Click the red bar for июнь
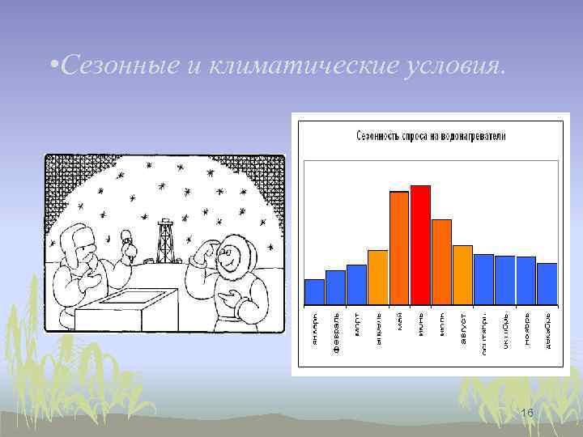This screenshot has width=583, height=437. (x=420, y=244)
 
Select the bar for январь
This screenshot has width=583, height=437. (x=314, y=291)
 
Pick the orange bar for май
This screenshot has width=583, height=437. (x=399, y=248)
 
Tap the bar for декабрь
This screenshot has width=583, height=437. (x=547, y=283)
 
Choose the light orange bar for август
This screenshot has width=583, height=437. (x=462, y=274)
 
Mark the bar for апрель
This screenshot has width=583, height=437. (x=378, y=277)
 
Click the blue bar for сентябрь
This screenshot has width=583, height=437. (x=483, y=279)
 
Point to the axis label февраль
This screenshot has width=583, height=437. (x=335, y=329)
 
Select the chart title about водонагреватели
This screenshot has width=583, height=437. (x=431, y=137)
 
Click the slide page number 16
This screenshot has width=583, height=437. (x=527, y=414)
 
